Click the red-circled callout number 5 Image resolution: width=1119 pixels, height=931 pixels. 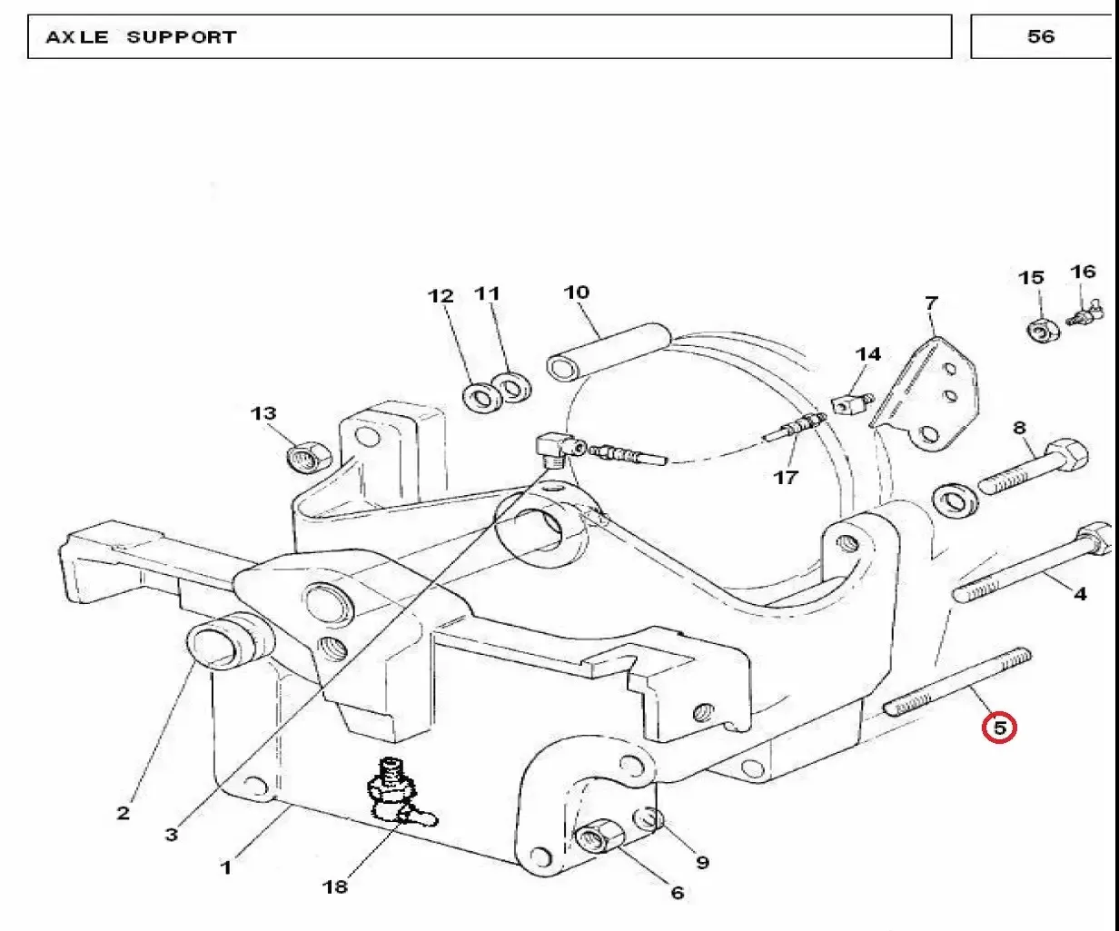(x=999, y=728)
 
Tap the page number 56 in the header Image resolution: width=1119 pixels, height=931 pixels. (x=1041, y=36)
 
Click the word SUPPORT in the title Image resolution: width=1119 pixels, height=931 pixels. (x=182, y=37)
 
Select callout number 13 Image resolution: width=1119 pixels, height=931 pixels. (x=263, y=413)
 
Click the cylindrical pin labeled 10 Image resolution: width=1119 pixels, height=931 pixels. (x=609, y=352)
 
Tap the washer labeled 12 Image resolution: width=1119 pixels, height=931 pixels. (x=482, y=398)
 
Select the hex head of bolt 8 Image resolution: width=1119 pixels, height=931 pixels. (x=1067, y=457)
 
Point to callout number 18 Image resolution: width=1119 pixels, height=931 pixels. (x=335, y=886)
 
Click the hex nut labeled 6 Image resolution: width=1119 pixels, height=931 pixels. (x=599, y=839)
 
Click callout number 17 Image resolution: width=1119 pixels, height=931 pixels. (x=787, y=478)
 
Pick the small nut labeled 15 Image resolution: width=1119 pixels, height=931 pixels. (x=1044, y=331)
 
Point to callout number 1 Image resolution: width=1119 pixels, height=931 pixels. (x=226, y=867)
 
